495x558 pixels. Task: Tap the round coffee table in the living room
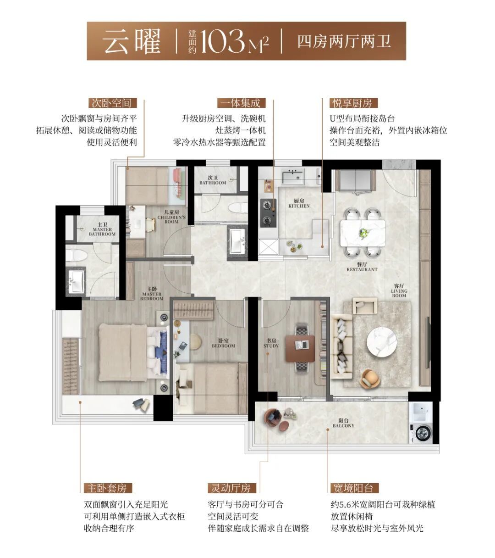pos(382,343)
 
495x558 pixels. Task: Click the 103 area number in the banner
pos(222,41)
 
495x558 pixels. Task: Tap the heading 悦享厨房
pos(353,103)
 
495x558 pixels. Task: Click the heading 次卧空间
pos(113,103)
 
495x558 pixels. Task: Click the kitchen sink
pos(292,177)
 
